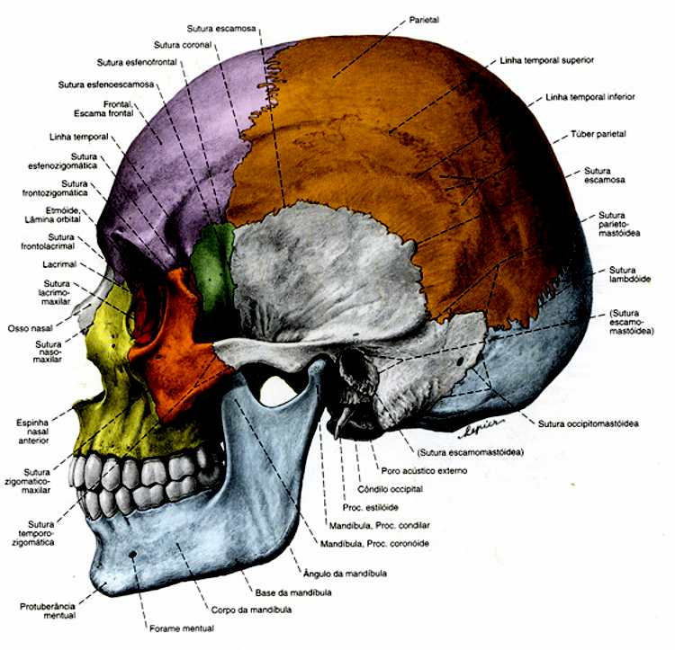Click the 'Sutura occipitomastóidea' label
pyautogui.click(x=589, y=423)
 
